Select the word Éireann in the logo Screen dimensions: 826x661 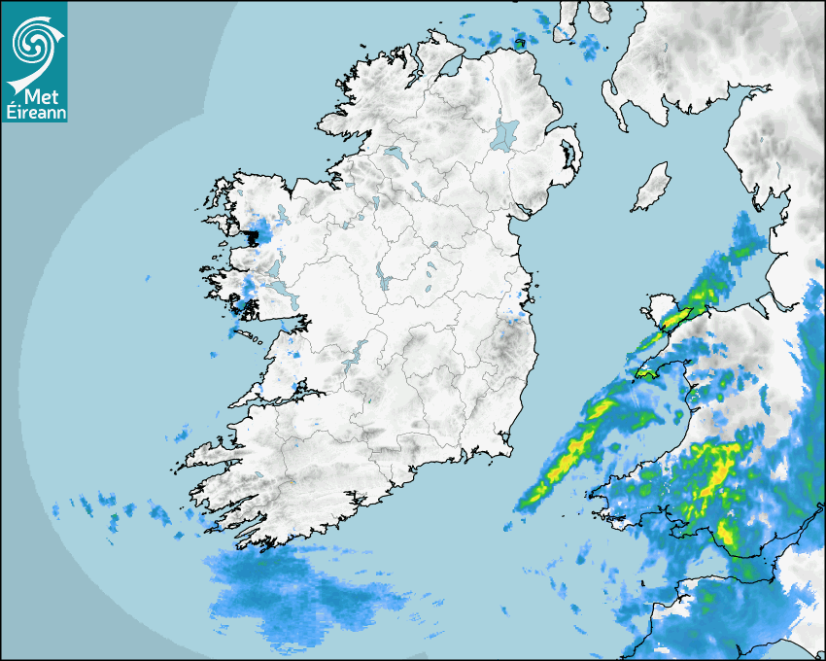pyautogui.click(x=34, y=113)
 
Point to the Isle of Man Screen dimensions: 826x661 pyautogui.click(x=652, y=188)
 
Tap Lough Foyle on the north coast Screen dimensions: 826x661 pyautogui.click(x=448, y=69)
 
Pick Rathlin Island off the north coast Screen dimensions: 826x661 pyautogui.click(x=520, y=42)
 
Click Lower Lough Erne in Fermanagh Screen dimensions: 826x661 pyautogui.click(x=393, y=154)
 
